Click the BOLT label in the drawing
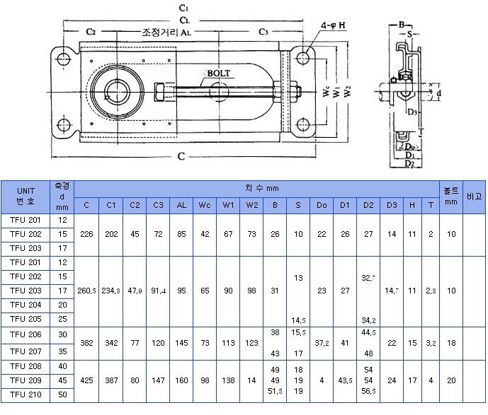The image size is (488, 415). [219, 73]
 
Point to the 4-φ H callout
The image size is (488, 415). [333, 25]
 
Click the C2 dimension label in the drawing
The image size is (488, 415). [91, 33]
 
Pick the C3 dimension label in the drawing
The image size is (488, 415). [263, 33]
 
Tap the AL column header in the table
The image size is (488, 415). [181, 205]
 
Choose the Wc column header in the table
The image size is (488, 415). [205, 205]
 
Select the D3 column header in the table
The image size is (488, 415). [392, 205]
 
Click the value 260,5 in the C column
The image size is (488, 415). [86, 291]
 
